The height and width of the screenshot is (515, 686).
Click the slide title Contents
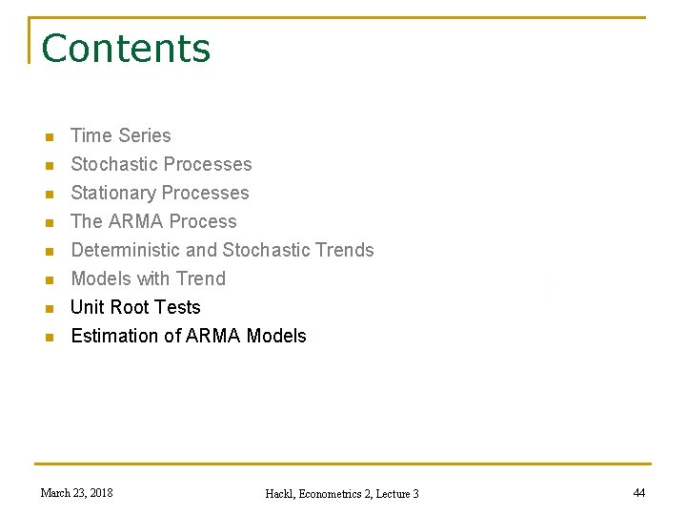click(x=126, y=49)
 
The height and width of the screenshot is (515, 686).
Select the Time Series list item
click(x=121, y=135)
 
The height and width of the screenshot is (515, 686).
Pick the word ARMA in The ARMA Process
click(x=136, y=221)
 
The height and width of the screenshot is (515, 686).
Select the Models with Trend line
click(x=148, y=278)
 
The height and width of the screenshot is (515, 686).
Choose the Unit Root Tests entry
click(x=135, y=307)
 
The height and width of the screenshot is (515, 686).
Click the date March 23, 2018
click(x=76, y=493)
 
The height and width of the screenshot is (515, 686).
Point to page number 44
click(x=638, y=493)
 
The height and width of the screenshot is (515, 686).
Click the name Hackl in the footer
click(x=283, y=494)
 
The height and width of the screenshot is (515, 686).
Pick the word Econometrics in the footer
click(x=330, y=494)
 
